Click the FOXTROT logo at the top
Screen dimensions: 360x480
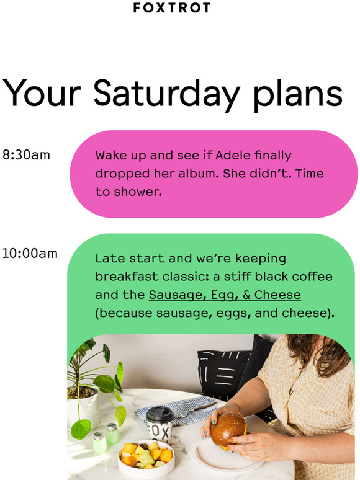[x=171, y=7]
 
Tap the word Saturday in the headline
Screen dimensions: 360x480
[x=167, y=94]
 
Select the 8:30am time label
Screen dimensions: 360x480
[x=26, y=155]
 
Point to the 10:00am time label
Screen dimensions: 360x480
[x=30, y=254]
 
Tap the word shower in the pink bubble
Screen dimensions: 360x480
[x=137, y=192]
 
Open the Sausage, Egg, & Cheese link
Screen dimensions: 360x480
[x=225, y=295]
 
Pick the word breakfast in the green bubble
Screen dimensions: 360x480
[x=127, y=277]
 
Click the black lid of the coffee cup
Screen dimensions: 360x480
[x=160, y=414]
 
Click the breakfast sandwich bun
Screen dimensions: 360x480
[x=228, y=428]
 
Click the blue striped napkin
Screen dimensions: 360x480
[x=176, y=409]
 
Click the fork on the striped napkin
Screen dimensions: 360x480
[x=196, y=410]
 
